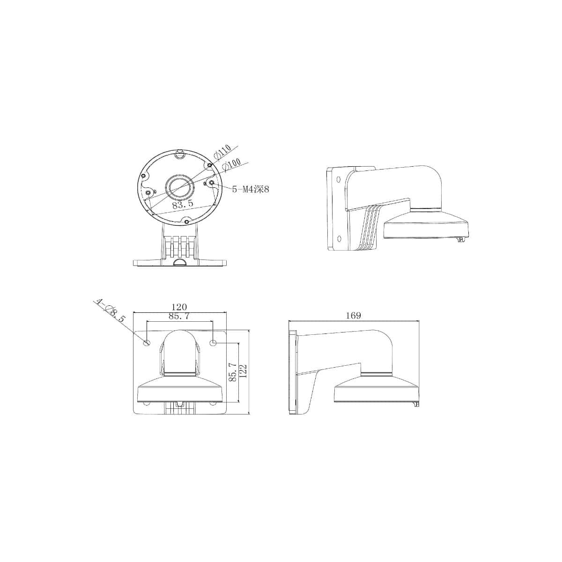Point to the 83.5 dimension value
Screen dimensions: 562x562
183,205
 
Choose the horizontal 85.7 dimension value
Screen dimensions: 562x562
179,317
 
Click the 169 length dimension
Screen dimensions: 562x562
354,316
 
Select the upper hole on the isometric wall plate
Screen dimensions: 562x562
338,178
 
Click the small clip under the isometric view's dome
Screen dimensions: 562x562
460,240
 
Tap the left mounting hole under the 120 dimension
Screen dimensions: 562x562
147,343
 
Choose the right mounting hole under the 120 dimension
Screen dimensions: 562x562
214,343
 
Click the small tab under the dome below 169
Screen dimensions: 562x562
414,404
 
